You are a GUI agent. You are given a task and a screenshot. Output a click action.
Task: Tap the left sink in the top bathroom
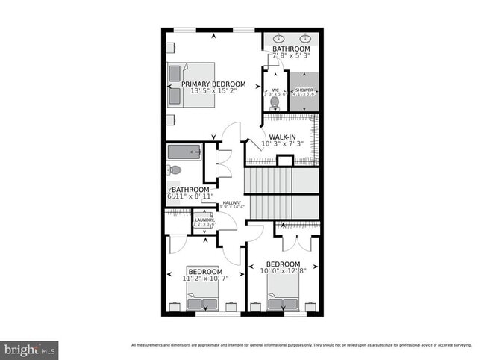tap(278, 37)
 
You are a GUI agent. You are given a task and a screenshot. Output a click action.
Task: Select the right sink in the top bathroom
tap(306, 37)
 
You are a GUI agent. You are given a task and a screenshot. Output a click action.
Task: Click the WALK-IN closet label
tap(283, 137)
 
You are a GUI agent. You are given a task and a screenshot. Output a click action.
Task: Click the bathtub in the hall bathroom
tap(184, 152)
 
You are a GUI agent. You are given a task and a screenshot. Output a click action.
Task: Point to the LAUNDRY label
tap(204, 220)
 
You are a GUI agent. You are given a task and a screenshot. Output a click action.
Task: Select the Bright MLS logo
tap(29, 348)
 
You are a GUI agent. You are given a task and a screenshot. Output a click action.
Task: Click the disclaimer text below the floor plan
tap(303, 344)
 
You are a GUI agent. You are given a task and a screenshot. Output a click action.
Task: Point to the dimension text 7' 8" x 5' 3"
tap(290, 56)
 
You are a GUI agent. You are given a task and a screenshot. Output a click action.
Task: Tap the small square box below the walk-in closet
tap(284, 161)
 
